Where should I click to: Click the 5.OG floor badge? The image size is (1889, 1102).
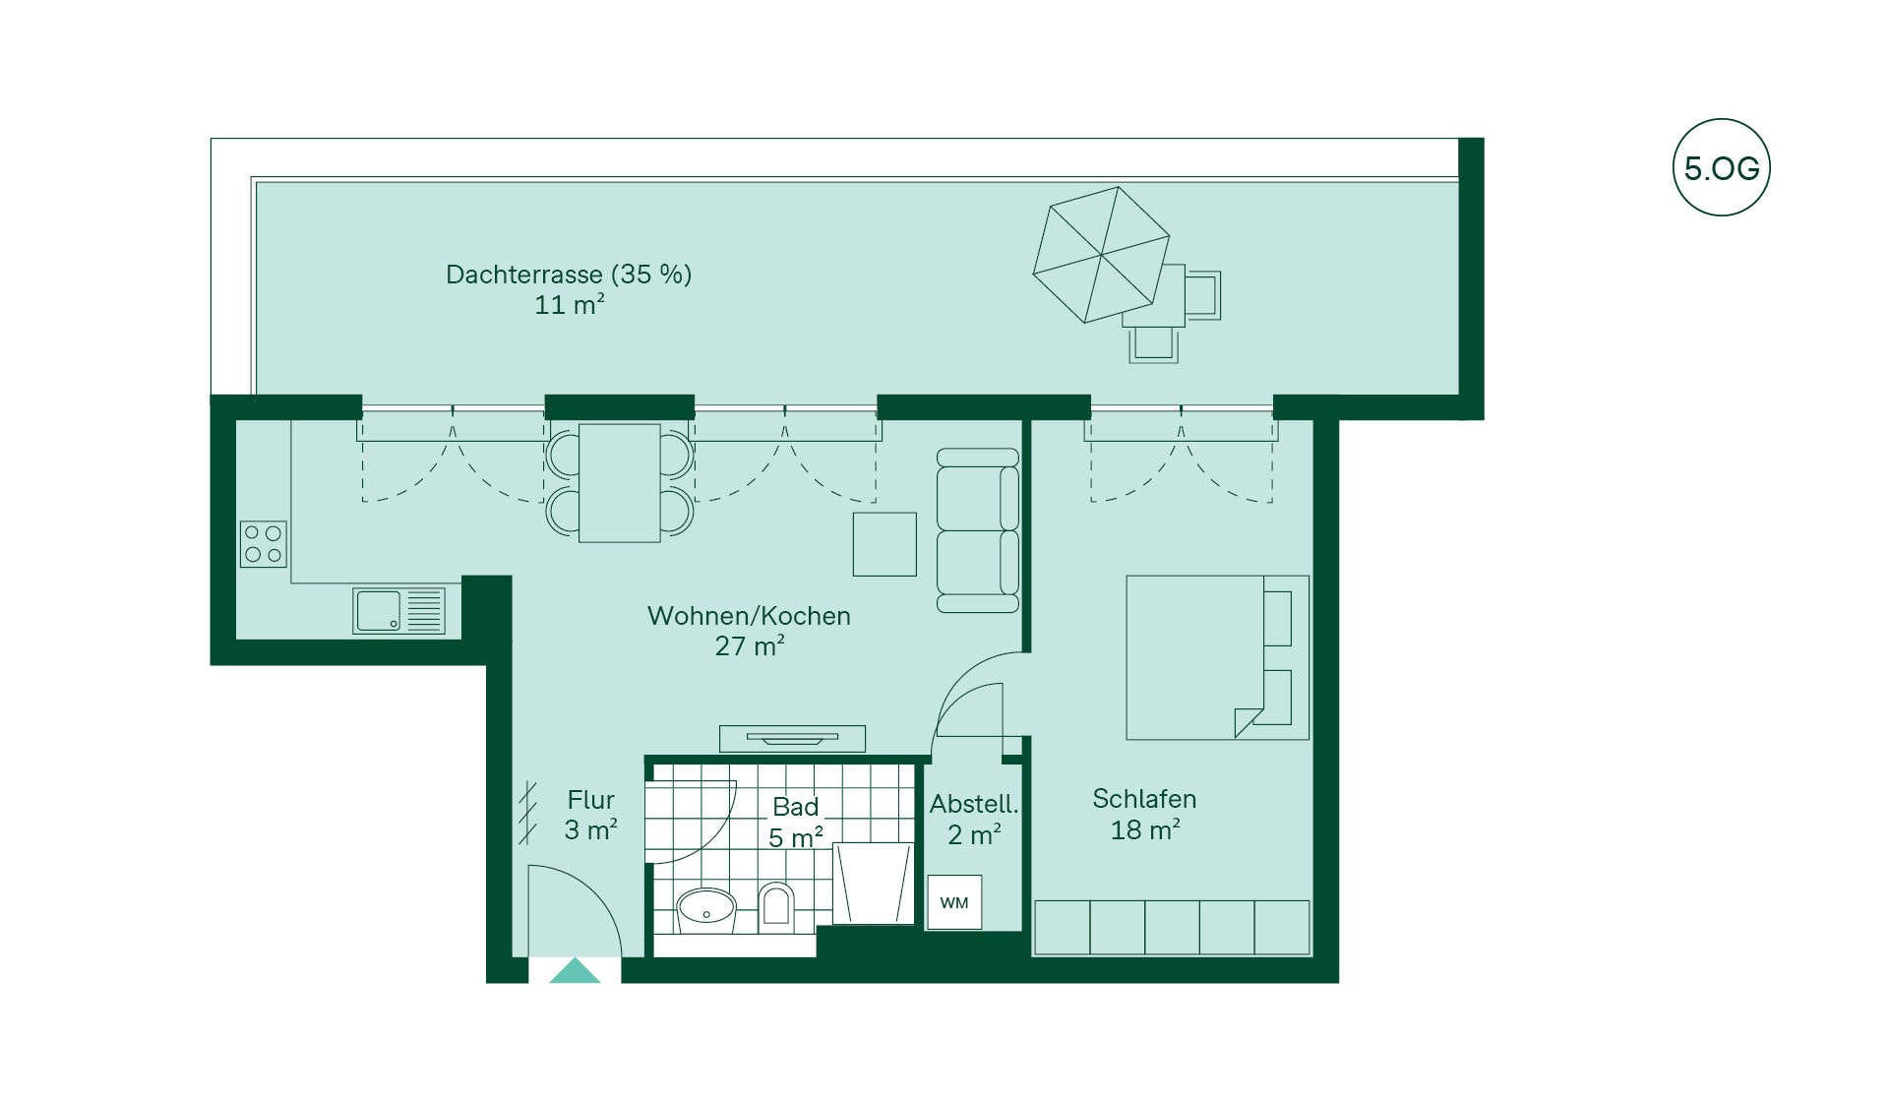(x=1722, y=167)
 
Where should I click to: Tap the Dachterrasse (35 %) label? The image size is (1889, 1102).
(x=569, y=275)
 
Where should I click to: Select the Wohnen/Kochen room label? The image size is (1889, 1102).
(x=749, y=616)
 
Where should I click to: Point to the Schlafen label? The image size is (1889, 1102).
(x=1144, y=799)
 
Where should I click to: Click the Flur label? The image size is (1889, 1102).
(x=590, y=800)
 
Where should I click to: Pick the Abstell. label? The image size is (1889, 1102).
(x=974, y=804)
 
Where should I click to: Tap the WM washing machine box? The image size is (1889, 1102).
(x=954, y=902)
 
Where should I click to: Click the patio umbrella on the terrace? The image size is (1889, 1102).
(x=1101, y=255)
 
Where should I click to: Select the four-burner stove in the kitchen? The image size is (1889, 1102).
(x=264, y=544)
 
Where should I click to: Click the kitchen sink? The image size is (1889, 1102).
(x=399, y=611)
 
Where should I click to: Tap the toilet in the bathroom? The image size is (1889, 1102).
(x=776, y=904)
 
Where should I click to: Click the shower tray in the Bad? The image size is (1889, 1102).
(x=874, y=884)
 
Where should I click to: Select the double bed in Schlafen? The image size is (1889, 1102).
(x=1217, y=657)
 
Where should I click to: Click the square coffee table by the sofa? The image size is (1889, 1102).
(x=884, y=544)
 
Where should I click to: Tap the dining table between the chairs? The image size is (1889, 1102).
(x=620, y=483)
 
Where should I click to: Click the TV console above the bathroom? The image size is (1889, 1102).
(x=792, y=738)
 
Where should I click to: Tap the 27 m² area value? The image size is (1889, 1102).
(x=750, y=646)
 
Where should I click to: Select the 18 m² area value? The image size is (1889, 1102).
(x=1145, y=830)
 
